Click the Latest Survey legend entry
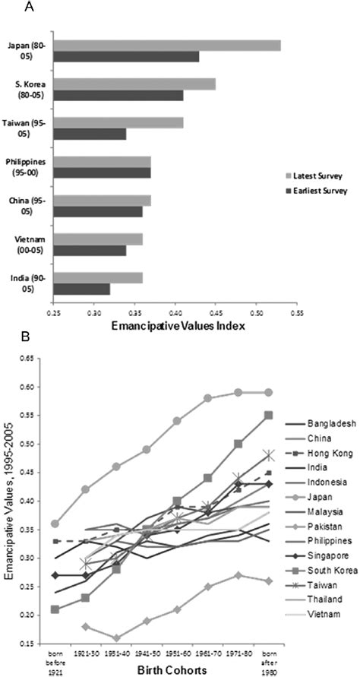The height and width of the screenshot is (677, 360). click(308, 175)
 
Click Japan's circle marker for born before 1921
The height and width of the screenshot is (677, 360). click(54, 524)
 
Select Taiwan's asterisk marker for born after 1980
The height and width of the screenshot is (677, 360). click(267, 455)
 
